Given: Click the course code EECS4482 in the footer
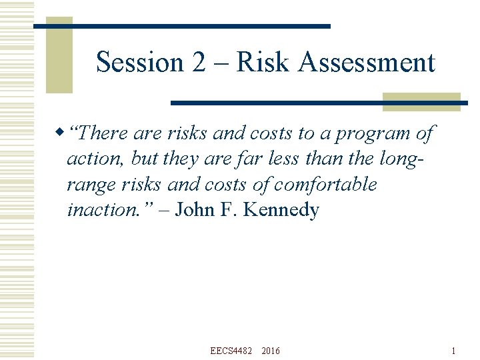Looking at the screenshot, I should pyautogui.click(x=231, y=351).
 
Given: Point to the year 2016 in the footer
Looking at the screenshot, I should pyautogui.click(x=271, y=351).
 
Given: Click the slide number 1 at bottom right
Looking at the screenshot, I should pyautogui.click(x=453, y=351).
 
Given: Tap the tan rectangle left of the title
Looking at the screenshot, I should pyautogui.click(x=59, y=55).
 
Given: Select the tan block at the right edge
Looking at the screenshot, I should pyautogui.click(x=421, y=101).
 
